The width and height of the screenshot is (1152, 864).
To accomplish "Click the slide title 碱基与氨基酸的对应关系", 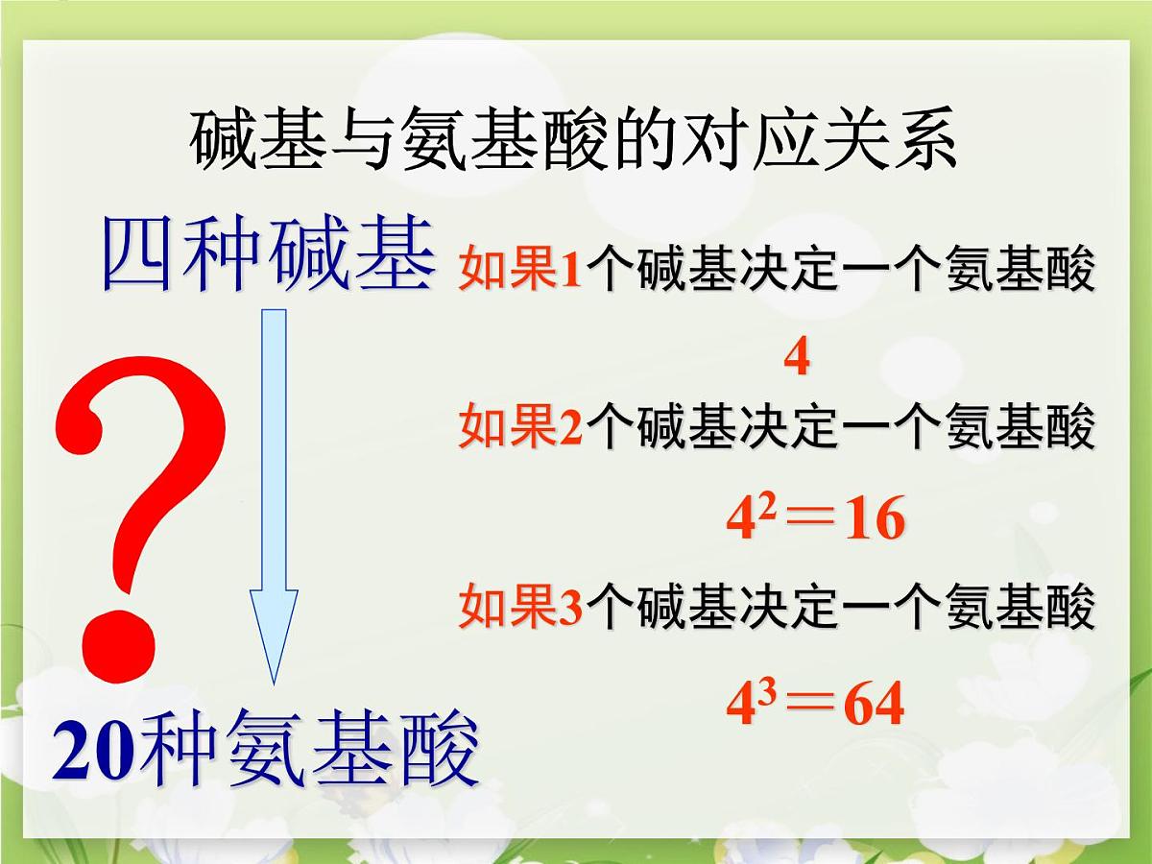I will tap(573, 142).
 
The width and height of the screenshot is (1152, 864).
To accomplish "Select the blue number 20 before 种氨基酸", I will tap(95, 752).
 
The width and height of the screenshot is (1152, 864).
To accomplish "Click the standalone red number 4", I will tap(796, 359).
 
